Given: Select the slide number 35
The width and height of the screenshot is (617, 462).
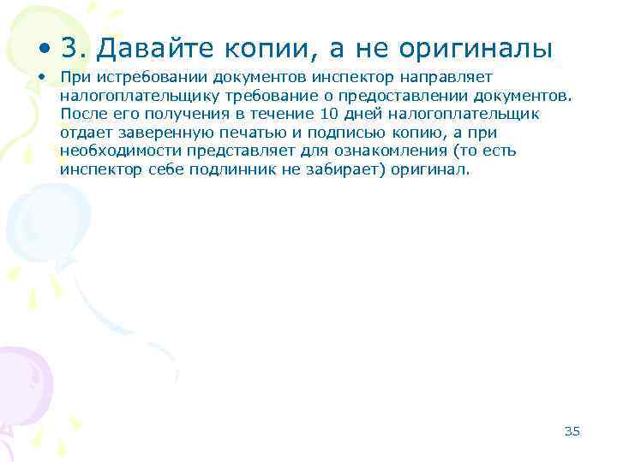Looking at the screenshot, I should point(572,430).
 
